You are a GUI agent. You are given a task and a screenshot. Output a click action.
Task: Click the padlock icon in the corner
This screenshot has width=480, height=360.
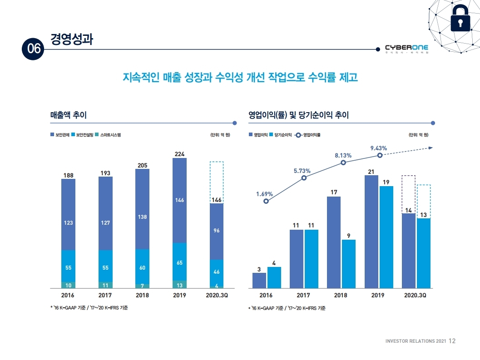point(460,21)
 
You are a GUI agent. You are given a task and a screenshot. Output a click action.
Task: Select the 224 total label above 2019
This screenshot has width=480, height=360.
point(180,154)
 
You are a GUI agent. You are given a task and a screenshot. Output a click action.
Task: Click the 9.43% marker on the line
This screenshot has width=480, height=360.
point(380,155)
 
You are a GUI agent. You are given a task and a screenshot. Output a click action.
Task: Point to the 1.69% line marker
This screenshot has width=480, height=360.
point(266,201)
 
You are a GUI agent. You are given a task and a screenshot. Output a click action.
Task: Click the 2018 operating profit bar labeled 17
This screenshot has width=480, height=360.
point(334,242)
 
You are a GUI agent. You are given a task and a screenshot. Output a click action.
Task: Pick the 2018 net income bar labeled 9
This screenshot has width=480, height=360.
point(348,264)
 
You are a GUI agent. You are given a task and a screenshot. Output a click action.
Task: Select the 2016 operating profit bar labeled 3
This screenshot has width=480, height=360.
point(259,281)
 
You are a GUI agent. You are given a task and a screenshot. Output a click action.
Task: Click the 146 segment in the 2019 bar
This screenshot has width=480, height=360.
point(180,200)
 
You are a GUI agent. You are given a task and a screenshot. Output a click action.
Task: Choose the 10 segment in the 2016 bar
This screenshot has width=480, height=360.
point(68,285)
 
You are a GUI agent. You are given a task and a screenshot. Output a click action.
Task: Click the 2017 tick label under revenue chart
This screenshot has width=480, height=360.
point(105,295)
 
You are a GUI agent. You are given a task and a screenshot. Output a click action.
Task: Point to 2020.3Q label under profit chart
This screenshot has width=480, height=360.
point(416,295)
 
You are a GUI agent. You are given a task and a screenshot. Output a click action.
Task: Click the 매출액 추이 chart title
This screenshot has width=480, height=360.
point(68,115)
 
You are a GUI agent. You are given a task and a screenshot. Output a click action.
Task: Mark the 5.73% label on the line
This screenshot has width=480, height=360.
point(302,171)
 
